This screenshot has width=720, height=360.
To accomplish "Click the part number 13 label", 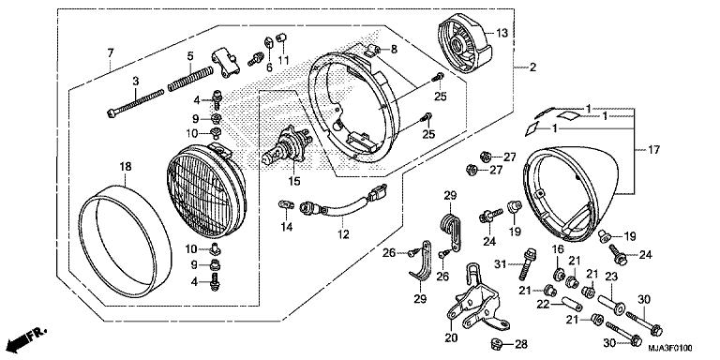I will click(x=502, y=33).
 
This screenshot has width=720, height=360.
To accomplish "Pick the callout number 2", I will click(x=532, y=67).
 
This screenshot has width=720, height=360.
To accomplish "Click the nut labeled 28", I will click(x=495, y=343).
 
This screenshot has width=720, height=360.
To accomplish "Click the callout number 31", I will click(x=501, y=262).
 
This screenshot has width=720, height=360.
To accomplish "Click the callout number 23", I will click(x=611, y=277).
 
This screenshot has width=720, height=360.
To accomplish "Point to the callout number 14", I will click(x=286, y=226).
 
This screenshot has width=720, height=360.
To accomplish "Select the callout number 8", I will click(x=393, y=48).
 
